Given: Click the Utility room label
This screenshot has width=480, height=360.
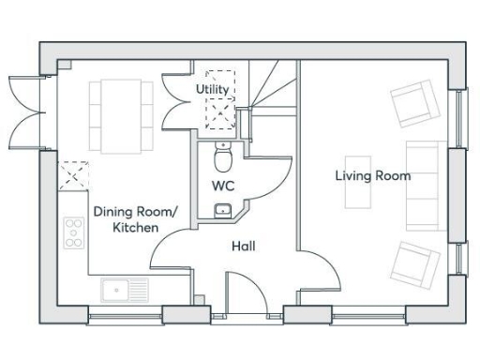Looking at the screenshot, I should [x=211, y=88].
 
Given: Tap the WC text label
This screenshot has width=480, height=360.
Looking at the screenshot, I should [x=222, y=185].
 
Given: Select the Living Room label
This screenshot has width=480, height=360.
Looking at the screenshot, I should [x=373, y=175].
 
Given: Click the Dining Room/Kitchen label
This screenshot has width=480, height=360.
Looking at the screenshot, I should [x=126, y=219].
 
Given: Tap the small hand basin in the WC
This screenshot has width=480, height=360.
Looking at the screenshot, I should [x=223, y=210].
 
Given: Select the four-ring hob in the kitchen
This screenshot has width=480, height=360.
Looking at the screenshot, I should [x=73, y=232].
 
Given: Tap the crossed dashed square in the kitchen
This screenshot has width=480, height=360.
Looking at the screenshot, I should [x=72, y=175].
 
